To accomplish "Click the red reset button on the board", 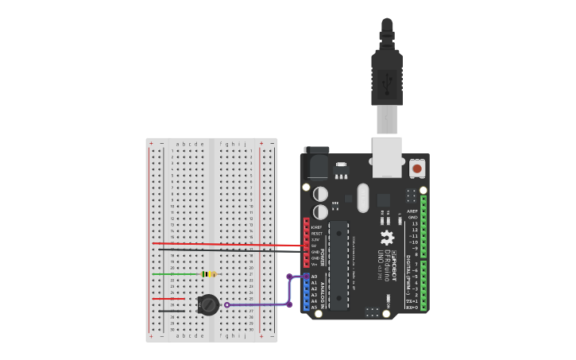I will (x=417, y=168).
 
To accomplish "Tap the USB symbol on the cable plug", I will (x=387, y=80).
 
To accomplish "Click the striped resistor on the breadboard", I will (x=208, y=274).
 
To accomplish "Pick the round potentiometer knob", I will (x=208, y=304).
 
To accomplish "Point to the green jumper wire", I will (x=175, y=274).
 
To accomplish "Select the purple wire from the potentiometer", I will (x=258, y=304).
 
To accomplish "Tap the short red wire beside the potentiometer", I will (x=168, y=299).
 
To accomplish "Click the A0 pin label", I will (x=315, y=277).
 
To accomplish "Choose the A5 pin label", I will (x=315, y=307).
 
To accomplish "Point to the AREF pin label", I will (x=412, y=211).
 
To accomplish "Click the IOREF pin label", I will (x=315, y=227).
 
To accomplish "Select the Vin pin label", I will (x=315, y=265).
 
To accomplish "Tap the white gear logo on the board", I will (x=387, y=238).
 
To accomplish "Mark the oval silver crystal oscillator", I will (x=364, y=198).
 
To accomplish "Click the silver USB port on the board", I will (x=387, y=156).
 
